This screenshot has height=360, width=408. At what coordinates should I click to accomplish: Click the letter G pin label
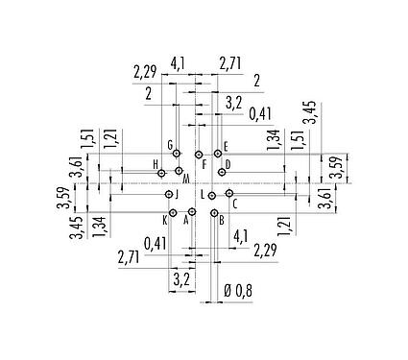[x=170, y=145]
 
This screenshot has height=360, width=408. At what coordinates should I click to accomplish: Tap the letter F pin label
[x=204, y=164]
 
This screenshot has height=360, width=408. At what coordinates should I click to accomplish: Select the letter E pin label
[x=225, y=146]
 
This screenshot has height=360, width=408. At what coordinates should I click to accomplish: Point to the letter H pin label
[x=155, y=164]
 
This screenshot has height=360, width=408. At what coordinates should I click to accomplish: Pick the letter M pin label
[x=185, y=180]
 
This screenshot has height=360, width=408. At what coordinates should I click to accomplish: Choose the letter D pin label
[x=228, y=163]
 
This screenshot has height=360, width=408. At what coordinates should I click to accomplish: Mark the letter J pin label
[x=177, y=194]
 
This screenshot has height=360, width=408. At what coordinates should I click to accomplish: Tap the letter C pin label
[x=235, y=204]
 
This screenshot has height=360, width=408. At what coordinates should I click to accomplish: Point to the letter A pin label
[x=185, y=220]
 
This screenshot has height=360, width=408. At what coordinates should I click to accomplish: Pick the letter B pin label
[x=221, y=220]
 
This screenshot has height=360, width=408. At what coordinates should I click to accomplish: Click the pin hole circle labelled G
[x=177, y=154]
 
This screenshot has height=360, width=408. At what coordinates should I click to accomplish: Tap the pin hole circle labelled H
[x=163, y=173]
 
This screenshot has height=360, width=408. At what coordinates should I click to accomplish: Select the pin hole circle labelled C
[x=228, y=194]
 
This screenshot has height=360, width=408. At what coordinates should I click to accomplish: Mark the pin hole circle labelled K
[x=173, y=212]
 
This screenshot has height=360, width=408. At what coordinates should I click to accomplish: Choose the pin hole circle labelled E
[x=218, y=154]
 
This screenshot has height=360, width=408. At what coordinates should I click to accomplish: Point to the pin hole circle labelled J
[x=167, y=194]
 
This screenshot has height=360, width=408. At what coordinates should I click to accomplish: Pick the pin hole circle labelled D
[x=222, y=173]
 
